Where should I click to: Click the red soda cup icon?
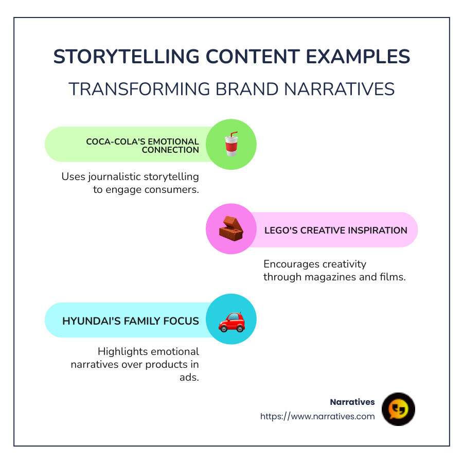(231, 145)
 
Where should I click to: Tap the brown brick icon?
(231, 229)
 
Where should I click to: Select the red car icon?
(231, 320)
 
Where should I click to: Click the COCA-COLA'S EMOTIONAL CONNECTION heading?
(142, 146)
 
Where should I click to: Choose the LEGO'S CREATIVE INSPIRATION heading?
(335, 230)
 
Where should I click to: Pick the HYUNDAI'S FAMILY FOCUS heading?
(131, 320)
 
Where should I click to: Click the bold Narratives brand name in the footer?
(352, 402)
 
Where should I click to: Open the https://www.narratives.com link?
(317, 416)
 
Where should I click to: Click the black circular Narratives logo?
(398, 409)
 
